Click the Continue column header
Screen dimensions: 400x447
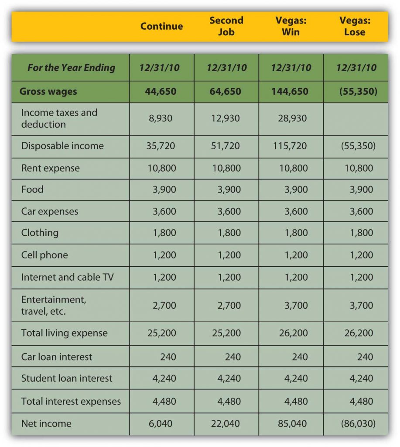tap(161, 26)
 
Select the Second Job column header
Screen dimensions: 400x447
tap(226, 26)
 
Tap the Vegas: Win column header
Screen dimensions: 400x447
tap(291, 26)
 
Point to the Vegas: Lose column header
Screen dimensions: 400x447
tap(355, 26)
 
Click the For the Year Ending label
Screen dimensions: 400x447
tap(71, 68)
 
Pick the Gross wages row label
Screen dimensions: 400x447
tap(48, 91)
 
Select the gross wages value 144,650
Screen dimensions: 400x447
tap(290, 91)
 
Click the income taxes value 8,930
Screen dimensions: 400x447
tap(161, 118)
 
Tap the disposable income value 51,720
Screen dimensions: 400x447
tap(226, 146)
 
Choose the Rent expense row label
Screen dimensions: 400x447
tap(51, 168)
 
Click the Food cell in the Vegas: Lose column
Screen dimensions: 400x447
tap(361, 189)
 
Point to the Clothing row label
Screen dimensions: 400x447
tap(40, 233)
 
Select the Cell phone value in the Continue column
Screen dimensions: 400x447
tap(164, 255)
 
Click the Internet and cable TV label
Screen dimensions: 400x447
tap(67, 277)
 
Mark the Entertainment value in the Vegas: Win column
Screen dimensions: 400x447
tap(296, 305)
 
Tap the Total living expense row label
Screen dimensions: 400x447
tap(65, 333)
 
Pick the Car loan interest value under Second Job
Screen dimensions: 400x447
tap(233, 357)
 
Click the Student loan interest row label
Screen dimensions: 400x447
tap(67, 378)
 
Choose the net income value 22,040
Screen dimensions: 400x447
tap(226, 423)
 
